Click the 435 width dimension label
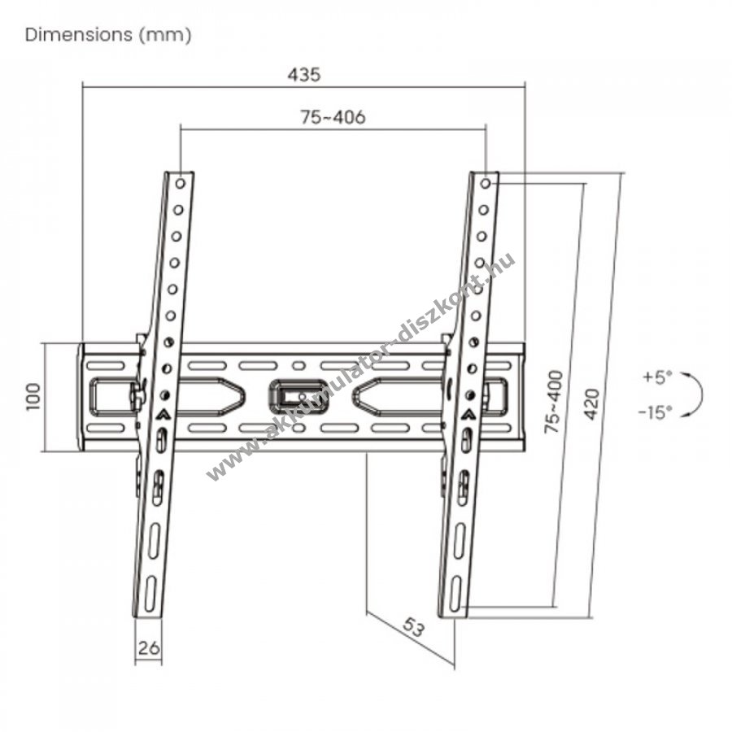pyautogui.click(x=304, y=75)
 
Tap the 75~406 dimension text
pyautogui.click(x=333, y=117)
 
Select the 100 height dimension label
pyautogui.click(x=33, y=397)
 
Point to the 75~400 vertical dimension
pyautogui.click(x=554, y=402)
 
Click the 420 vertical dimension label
pyautogui.click(x=591, y=404)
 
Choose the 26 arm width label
pyautogui.click(x=149, y=647)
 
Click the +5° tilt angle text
pyautogui.click(x=657, y=377)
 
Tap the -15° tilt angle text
pyautogui.click(x=656, y=412)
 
